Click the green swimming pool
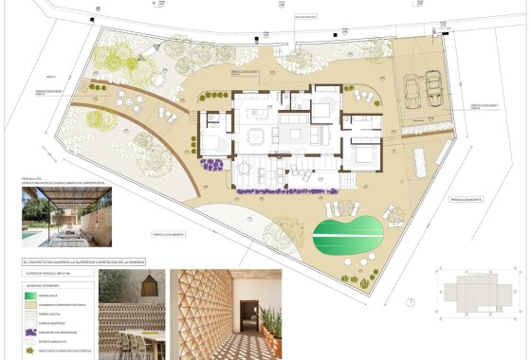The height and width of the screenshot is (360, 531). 347,232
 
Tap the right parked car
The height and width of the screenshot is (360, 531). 434,88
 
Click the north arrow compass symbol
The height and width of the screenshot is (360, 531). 409,302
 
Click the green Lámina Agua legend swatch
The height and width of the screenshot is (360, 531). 35,297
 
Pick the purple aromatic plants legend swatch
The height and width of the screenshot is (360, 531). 35,333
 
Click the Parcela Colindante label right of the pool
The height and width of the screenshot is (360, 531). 468,200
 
